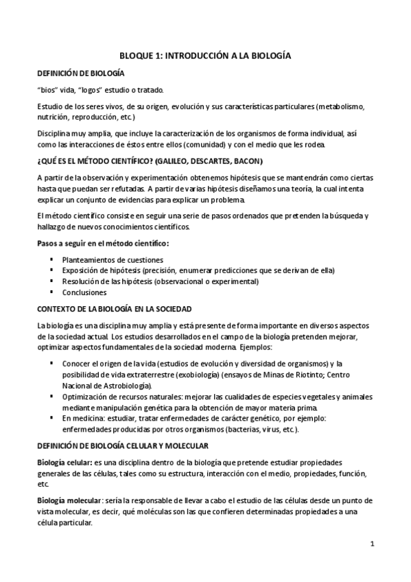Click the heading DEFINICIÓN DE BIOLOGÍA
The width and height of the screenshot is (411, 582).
click(81, 73)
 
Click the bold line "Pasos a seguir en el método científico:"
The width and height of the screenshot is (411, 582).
click(103, 244)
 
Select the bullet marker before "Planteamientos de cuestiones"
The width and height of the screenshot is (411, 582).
click(51, 260)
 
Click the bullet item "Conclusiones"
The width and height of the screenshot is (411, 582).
click(84, 292)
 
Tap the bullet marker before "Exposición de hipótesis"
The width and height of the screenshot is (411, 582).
click(51, 271)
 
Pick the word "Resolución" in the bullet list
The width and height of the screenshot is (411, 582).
click(81, 281)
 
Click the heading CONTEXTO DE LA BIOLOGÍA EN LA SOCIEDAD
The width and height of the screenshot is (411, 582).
click(114, 309)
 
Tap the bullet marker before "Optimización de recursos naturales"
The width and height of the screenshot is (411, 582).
click(51, 397)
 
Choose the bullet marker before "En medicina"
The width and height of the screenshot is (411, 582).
click(51, 418)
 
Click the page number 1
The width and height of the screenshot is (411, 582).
click(371, 544)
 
